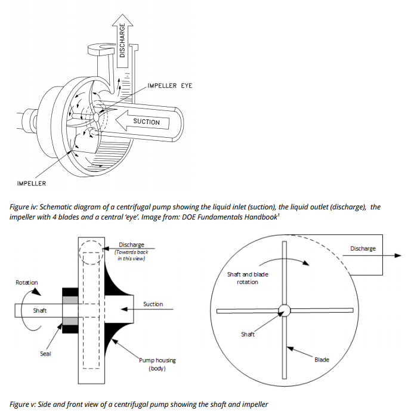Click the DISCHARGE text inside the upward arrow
click(122, 40)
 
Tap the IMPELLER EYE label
click(169, 86)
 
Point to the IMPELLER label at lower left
click(31, 183)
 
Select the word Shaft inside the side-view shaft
click(40, 310)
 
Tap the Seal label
click(45, 354)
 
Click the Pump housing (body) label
click(157, 364)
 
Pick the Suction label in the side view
click(153, 304)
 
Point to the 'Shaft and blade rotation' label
click(248, 278)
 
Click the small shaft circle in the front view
click(283, 310)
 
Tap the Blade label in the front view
click(322, 360)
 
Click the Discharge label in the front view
click(363, 248)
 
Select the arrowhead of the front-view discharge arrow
click(396, 255)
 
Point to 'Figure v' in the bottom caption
click(24, 404)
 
